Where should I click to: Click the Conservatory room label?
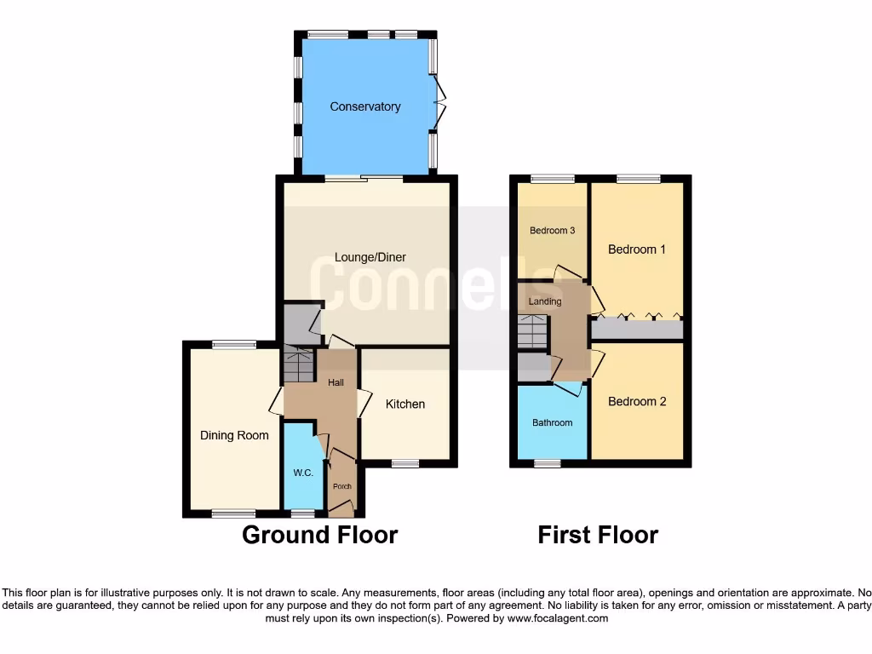pyautogui.click(x=365, y=106)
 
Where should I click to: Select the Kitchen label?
pyautogui.click(x=405, y=404)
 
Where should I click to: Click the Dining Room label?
pyautogui.click(x=234, y=435)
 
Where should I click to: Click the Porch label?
pyautogui.click(x=341, y=487)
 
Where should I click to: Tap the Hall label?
pyautogui.click(x=336, y=383)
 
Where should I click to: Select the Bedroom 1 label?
pyautogui.click(x=636, y=250)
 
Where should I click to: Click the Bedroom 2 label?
pyautogui.click(x=637, y=401)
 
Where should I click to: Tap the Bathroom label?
pyautogui.click(x=553, y=422)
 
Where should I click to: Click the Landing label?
pyautogui.click(x=545, y=301)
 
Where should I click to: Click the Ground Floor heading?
pyautogui.click(x=319, y=535)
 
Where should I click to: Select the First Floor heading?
pyautogui.click(x=598, y=535)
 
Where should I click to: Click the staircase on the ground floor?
pyautogui.click(x=298, y=365)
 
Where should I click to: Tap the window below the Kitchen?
pyautogui.click(x=405, y=464)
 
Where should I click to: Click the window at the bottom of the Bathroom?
pyautogui.click(x=548, y=464)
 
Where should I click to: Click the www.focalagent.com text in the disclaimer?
pyautogui.click(x=559, y=618)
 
